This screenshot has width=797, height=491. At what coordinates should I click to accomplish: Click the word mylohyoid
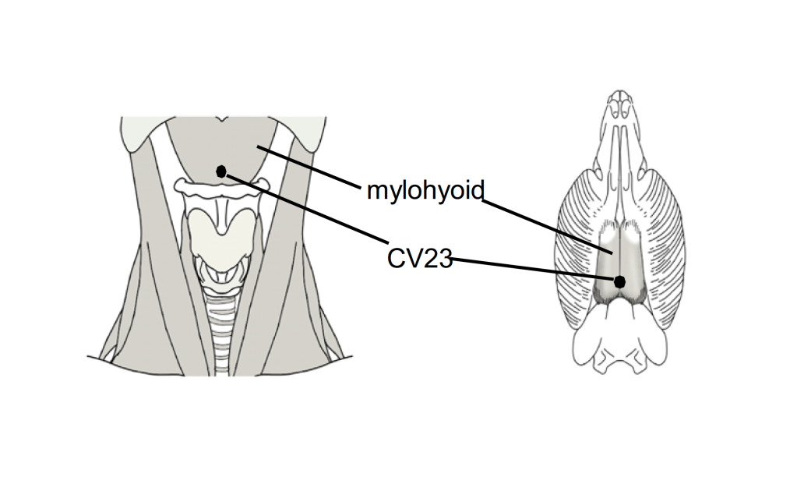coord(425,189)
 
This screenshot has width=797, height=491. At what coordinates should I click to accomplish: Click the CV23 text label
coord(419,258)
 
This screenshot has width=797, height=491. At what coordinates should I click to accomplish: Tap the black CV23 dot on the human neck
coord(221,171)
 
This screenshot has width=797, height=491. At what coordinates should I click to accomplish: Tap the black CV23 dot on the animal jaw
coord(620,281)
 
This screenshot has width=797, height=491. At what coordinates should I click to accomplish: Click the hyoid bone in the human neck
coord(222,187)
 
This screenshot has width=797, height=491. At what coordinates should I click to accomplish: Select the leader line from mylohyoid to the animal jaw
coord(545,226)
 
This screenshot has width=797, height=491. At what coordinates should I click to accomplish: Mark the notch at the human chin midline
coord(222,122)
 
